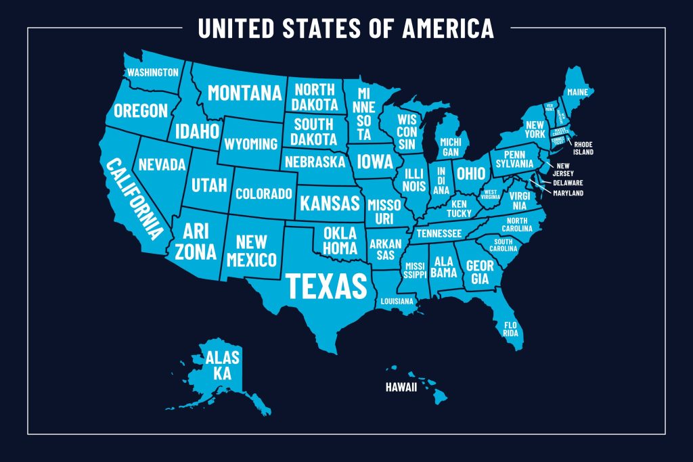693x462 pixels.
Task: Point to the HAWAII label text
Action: pyautogui.click(x=401, y=388)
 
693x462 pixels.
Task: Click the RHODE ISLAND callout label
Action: pyautogui.click(x=584, y=148)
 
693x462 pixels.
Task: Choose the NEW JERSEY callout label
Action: pyautogui.click(x=565, y=169)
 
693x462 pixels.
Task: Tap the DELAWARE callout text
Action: pyautogui.click(x=568, y=183)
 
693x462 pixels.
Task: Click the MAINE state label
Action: pyautogui.click(x=577, y=91)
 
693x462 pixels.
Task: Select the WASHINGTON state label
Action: pyautogui.click(x=153, y=72)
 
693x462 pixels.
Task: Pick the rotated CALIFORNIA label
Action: pyautogui.click(x=135, y=199)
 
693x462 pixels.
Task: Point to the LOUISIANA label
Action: pyautogui.click(x=397, y=301)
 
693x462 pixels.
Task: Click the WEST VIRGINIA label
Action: pyautogui.click(x=491, y=194)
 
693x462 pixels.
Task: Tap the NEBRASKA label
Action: pyautogui.click(x=315, y=162)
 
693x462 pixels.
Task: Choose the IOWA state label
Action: pyautogui.click(x=375, y=162)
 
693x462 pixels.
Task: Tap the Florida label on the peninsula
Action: pyautogui.click(x=510, y=329)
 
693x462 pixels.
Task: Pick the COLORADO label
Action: pyautogui.click(x=263, y=193)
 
